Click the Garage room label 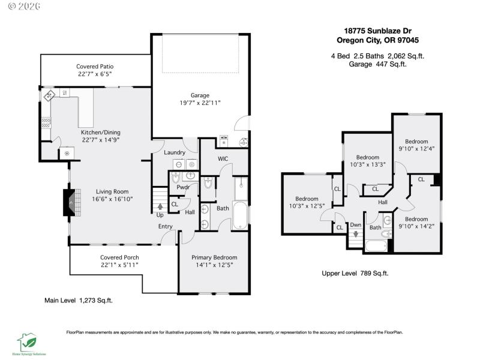point(200,95)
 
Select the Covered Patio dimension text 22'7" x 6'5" point(94,74)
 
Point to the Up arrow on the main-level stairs point(160,208)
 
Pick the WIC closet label point(223,159)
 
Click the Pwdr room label point(183,187)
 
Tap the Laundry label point(175,152)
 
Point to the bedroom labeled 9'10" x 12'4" point(416,142)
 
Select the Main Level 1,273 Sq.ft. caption point(79,300)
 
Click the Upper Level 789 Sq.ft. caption point(355,273)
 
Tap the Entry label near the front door point(166,226)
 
